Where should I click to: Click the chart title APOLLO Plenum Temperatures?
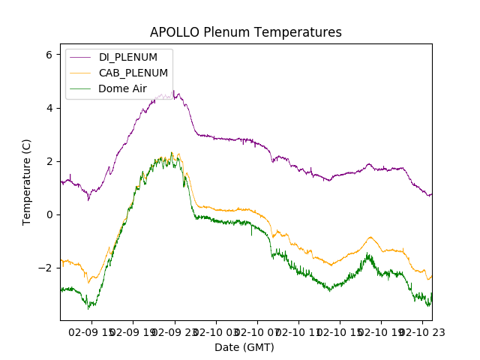coord(245,32)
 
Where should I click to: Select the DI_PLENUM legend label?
coord(128,57)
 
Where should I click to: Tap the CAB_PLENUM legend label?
coord(133,73)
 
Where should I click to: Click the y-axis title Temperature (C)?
coord(27,182)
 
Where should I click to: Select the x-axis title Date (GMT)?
coord(244,347)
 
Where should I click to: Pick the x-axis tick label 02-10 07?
coord(256,331)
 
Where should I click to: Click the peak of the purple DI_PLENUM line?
coord(173,91)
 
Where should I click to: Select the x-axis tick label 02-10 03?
coord(215,331)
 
